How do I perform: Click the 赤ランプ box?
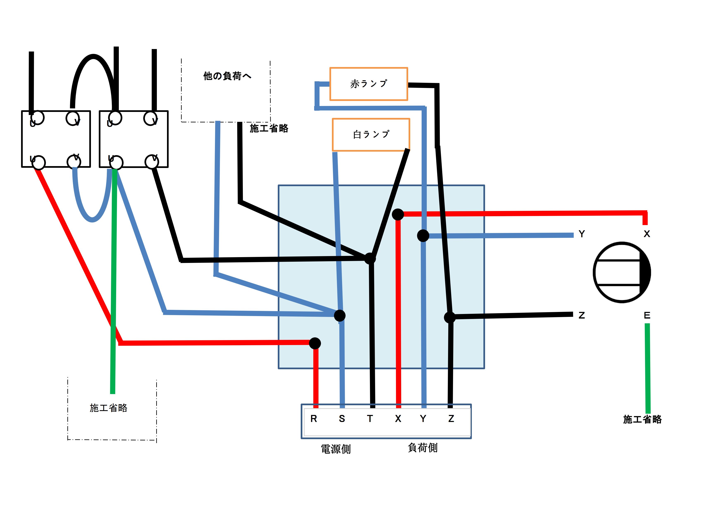[368, 84]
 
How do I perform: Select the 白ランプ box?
[371, 135]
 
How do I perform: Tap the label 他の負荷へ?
[227, 76]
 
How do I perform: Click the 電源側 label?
[336, 449]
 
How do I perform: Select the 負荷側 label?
[422, 448]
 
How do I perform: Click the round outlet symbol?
[621, 272]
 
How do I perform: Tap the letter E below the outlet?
[647, 315]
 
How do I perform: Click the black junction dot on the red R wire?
[315, 343]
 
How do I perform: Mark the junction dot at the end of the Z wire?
[450, 317]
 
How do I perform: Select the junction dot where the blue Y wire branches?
[423, 235]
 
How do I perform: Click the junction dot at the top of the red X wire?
[398, 214]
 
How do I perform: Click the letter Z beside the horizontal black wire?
[582, 315]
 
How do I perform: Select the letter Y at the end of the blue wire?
[582, 234]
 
